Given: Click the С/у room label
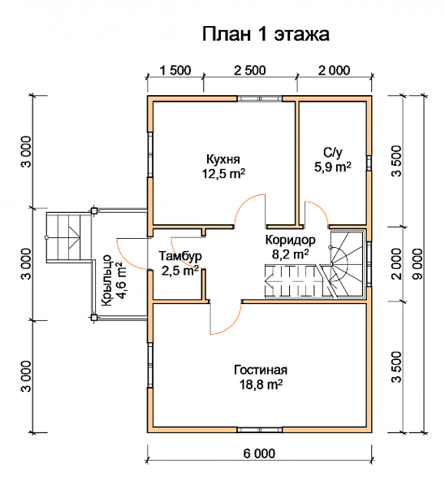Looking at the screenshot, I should tap(332, 152).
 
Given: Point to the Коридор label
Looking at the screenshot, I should tap(289, 240).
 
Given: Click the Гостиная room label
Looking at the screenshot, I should tap(259, 370).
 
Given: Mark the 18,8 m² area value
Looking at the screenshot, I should tap(259, 384).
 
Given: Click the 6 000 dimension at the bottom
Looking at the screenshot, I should tap(259, 452).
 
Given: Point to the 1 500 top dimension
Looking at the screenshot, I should tap(175, 70).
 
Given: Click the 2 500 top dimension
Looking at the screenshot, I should tap(249, 70).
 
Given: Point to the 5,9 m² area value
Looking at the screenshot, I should tap(332, 167).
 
